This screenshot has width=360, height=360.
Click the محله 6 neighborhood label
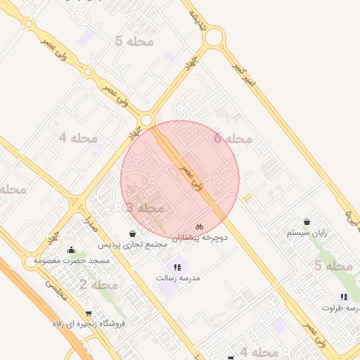pos(233,139)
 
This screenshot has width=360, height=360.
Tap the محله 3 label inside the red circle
pos(145,208)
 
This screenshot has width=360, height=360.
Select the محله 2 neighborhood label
pos(98,285)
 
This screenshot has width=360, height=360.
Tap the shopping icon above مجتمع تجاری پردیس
pos(133,233)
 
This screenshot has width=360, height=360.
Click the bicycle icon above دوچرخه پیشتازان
pos(200,227)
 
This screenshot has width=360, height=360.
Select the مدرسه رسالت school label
pos(178,278)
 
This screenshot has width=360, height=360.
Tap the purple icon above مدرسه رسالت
pos(177,267)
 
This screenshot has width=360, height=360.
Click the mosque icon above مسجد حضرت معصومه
pos(71,250)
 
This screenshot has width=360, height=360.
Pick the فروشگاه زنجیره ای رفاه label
pos(89,324)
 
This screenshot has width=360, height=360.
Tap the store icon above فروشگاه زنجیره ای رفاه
pos(89,314)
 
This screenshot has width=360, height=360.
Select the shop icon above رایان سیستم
pos(307,221)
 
